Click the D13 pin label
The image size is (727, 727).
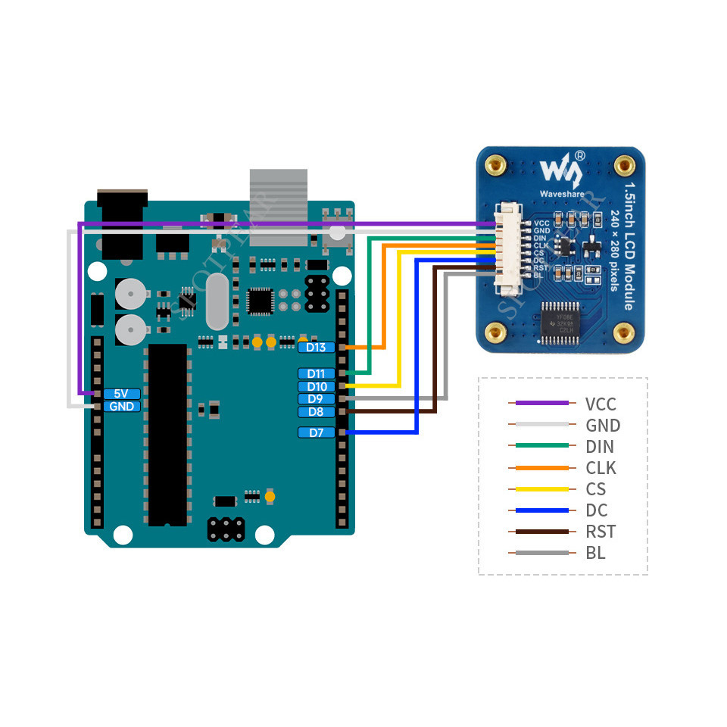317,347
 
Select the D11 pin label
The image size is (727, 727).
317,373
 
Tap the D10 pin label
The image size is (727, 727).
317,386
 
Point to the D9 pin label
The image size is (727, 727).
317,399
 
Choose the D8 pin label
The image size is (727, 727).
317,412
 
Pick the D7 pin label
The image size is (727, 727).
317,432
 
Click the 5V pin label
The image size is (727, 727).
121,394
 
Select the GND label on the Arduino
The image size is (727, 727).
121,407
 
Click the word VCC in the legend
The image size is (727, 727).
601,404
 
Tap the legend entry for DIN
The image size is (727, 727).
600,447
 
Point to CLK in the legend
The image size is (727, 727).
601,468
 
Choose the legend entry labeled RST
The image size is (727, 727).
601,532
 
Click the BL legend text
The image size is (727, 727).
595,553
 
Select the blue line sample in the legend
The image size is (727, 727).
541,510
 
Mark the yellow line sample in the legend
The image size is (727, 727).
541,489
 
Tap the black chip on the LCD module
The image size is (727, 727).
561,320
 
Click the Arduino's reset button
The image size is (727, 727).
337,234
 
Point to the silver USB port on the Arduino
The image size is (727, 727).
279,206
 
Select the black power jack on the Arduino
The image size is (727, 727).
122,223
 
